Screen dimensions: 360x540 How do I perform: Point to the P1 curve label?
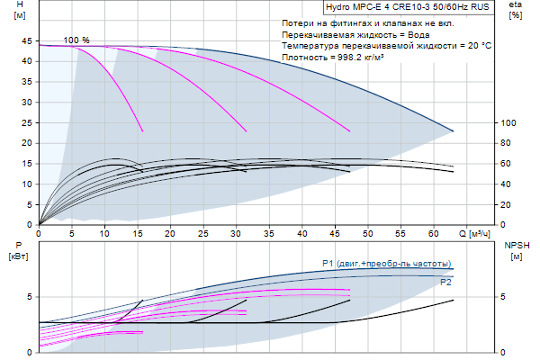(386, 263)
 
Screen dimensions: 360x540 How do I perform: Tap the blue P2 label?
(445, 283)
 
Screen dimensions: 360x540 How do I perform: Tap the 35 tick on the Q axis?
(269, 233)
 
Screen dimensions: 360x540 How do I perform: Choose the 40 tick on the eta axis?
(508, 184)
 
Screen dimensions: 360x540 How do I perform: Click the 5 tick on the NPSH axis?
(506, 296)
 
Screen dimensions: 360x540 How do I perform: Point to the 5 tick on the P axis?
(29, 296)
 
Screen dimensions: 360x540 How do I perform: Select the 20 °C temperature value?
(477, 45)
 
